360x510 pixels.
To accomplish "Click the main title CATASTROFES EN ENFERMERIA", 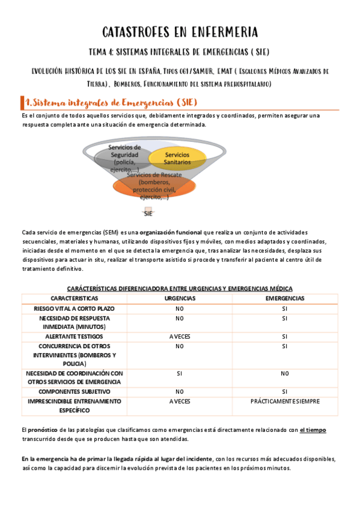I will pos(180,31).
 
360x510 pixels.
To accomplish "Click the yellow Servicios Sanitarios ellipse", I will pos(178,159).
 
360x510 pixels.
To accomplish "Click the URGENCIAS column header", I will pos(179,298).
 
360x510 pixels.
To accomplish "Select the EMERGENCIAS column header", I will pos(284,298).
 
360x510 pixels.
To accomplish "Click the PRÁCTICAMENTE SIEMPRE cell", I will pos(284,401).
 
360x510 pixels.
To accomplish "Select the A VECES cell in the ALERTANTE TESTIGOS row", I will pos(179,337).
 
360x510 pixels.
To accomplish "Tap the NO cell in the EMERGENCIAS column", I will pos(284,373).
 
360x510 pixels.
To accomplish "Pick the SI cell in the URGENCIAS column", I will pos(179,373).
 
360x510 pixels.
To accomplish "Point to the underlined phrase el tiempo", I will pos(313,430).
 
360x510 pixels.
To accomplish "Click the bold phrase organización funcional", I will pos(175,232).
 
